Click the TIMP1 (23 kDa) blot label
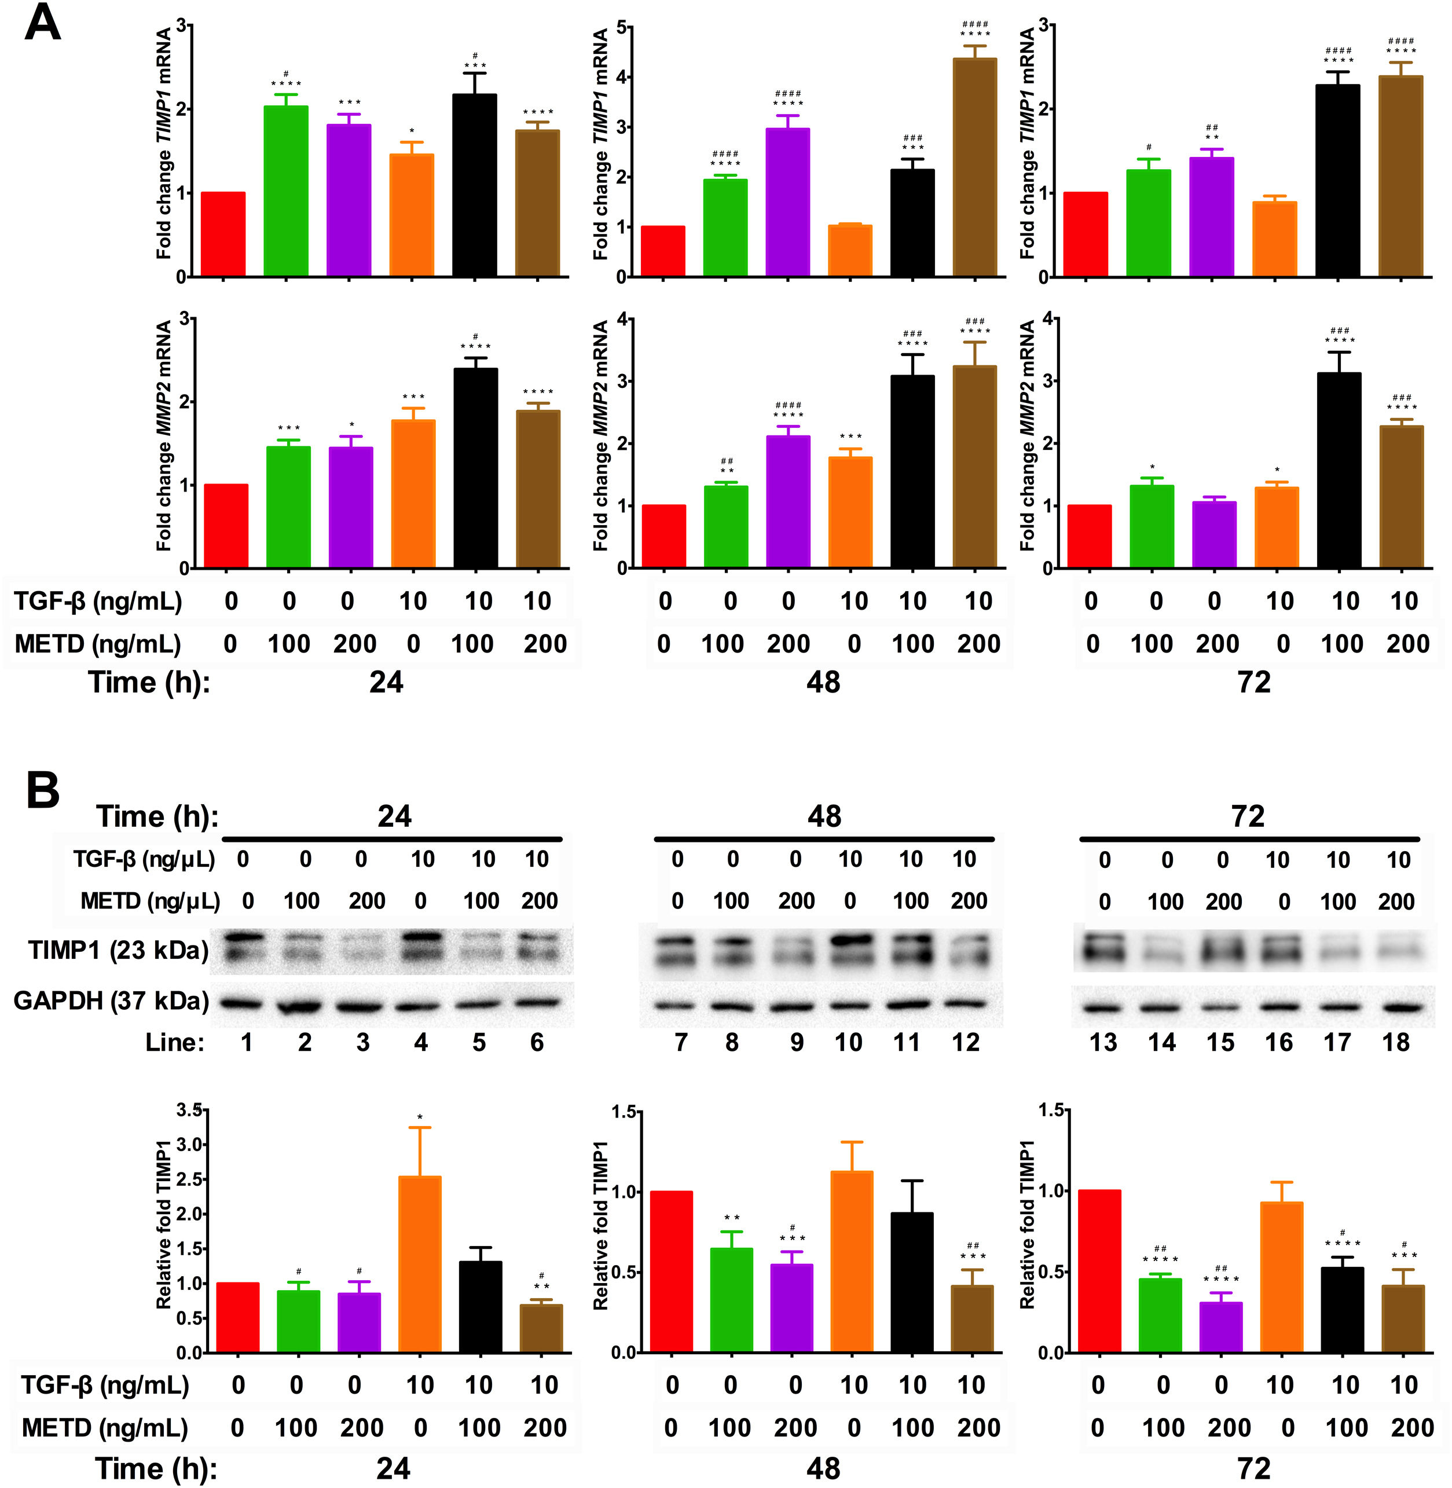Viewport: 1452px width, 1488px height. tap(118, 950)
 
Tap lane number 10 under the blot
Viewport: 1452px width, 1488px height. tap(848, 1042)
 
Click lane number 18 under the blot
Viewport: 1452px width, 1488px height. tap(1396, 1042)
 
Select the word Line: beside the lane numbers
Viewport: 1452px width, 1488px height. tap(175, 1042)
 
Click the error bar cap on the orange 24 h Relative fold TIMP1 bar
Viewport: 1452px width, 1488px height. tap(419, 1127)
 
